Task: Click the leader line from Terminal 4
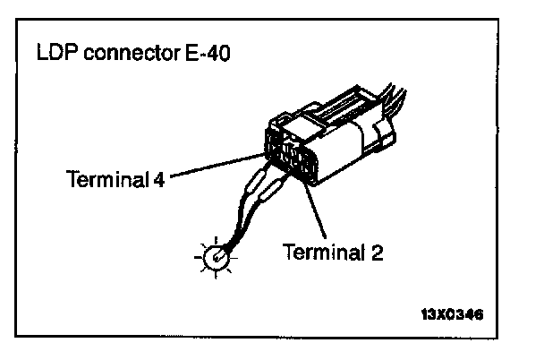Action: (x=215, y=165)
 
